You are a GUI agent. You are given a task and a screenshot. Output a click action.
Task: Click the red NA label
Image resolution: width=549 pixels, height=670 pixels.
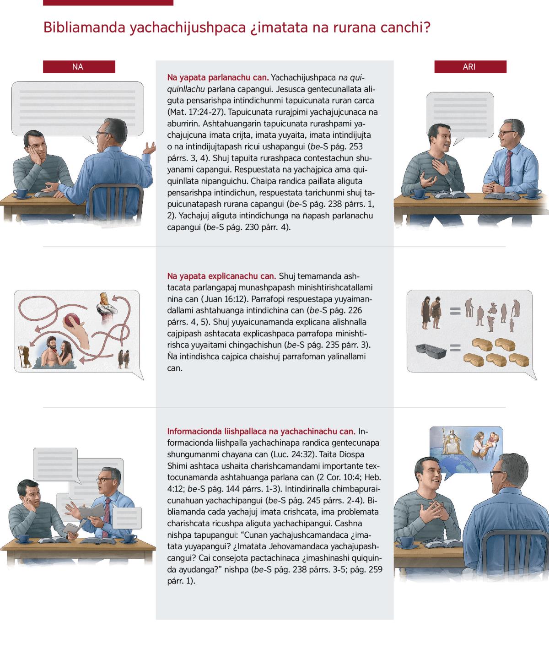79,67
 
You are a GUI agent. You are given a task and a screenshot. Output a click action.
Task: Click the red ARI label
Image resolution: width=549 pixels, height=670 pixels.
470,67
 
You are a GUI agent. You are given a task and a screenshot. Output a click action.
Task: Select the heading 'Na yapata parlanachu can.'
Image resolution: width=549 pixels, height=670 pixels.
218,77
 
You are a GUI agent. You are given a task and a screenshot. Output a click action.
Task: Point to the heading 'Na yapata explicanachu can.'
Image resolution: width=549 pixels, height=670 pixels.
221,276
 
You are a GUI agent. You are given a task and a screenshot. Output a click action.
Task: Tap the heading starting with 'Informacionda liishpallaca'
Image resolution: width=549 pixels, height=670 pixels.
261,431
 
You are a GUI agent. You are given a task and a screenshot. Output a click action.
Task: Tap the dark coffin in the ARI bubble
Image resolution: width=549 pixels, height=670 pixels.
431,351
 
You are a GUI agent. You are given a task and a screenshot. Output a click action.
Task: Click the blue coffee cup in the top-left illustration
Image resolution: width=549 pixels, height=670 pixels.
21,193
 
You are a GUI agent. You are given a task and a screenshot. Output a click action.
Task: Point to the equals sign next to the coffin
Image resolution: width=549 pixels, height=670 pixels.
455,348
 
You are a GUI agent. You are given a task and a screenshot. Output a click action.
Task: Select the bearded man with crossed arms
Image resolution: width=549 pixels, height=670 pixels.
107,306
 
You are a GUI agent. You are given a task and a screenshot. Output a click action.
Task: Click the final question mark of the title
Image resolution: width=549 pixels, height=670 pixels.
427,27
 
